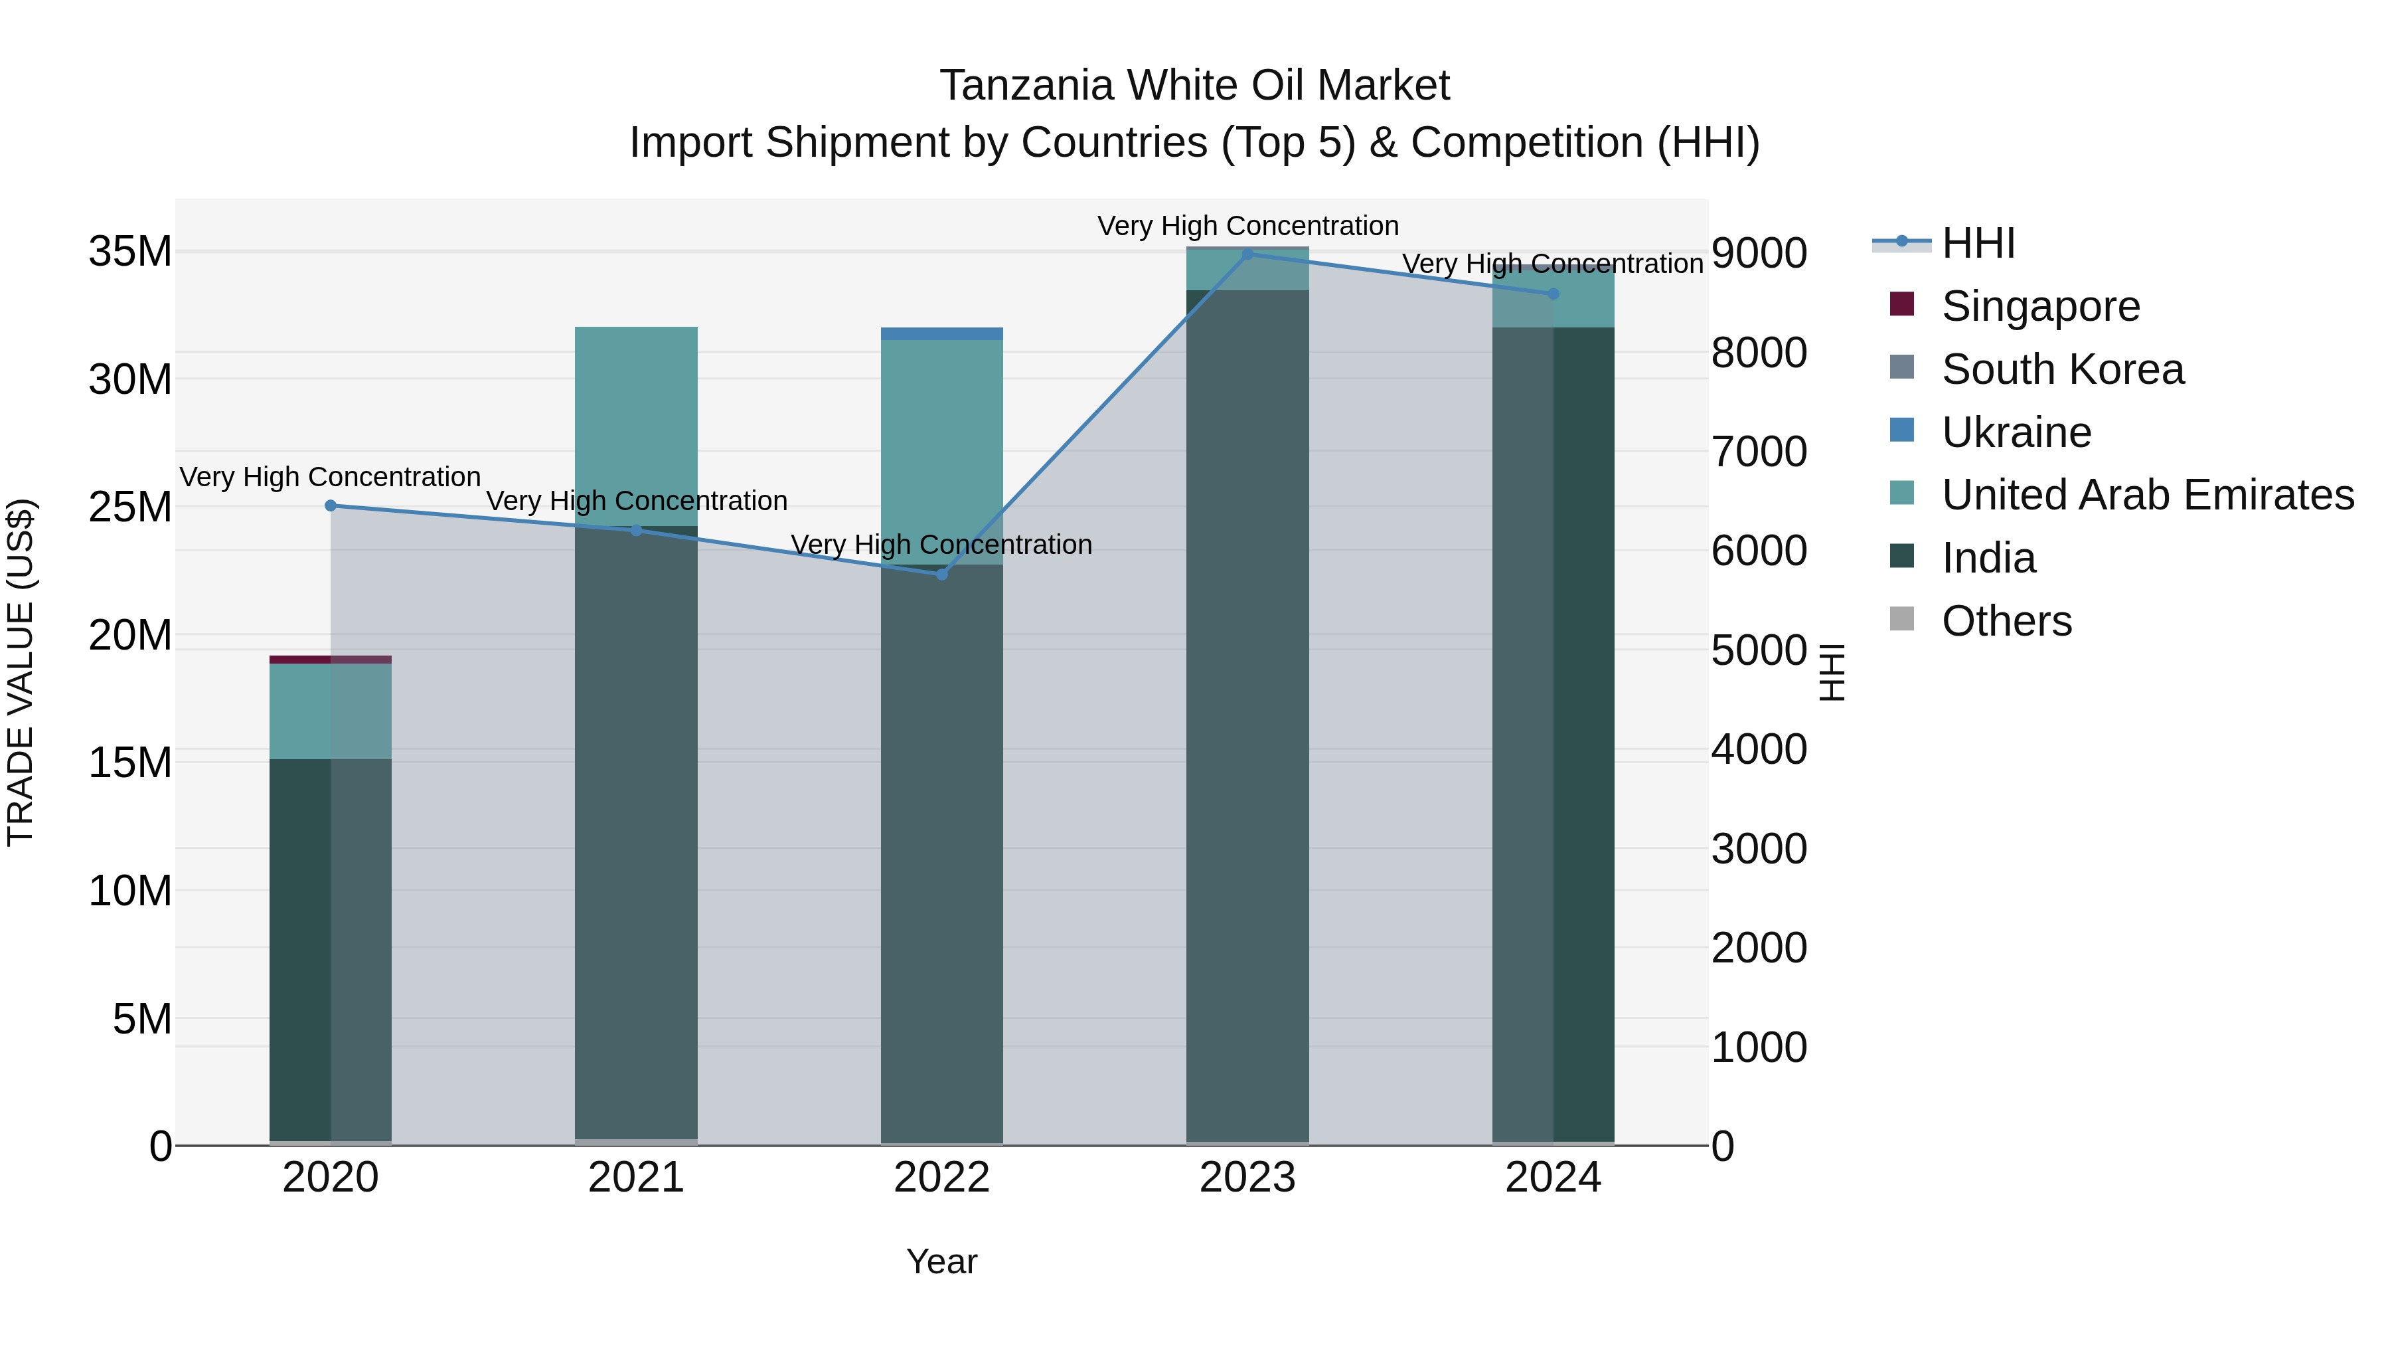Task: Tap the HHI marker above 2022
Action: click(x=941, y=575)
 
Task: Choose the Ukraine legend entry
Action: click(x=2016, y=432)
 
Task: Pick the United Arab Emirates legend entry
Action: click(x=2147, y=495)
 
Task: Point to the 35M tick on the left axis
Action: click(x=130, y=252)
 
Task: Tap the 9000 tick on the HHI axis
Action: click(x=1759, y=254)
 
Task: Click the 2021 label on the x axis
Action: click(x=637, y=1178)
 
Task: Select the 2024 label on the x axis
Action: click(x=1553, y=1178)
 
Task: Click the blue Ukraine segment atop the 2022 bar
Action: click(x=941, y=334)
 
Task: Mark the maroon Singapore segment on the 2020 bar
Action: click(x=331, y=659)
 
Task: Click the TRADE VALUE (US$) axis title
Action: click(x=21, y=672)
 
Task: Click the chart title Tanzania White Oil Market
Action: click(x=1194, y=86)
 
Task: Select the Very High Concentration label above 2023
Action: click(x=1248, y=226)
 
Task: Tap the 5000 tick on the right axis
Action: click(x=1759, y=651)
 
